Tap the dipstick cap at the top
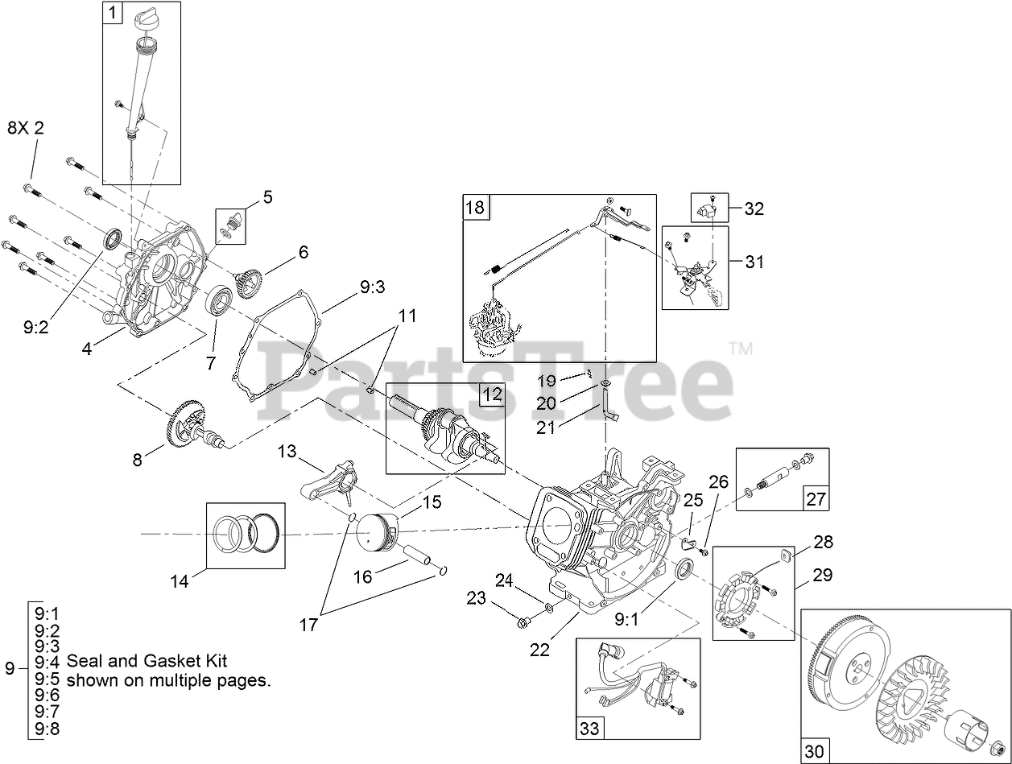150,15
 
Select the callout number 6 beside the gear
303,252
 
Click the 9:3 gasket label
373,286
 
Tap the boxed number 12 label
492,394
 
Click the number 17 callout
309,624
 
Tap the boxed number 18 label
475,208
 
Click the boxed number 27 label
816,499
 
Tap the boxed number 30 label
814,751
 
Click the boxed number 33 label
589,728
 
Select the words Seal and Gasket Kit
147,662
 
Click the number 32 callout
754,209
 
